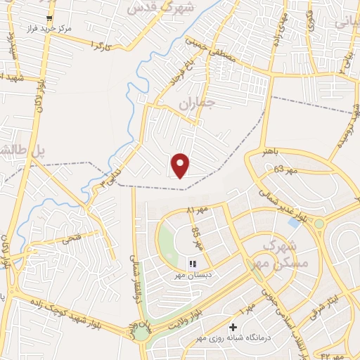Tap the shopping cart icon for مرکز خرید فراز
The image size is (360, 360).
[x=48, y=19]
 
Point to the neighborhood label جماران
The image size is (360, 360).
[x=195, y=103]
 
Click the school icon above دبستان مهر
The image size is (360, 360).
[x=192, y=264]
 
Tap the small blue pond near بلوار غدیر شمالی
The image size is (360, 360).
[x=292, y=223]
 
